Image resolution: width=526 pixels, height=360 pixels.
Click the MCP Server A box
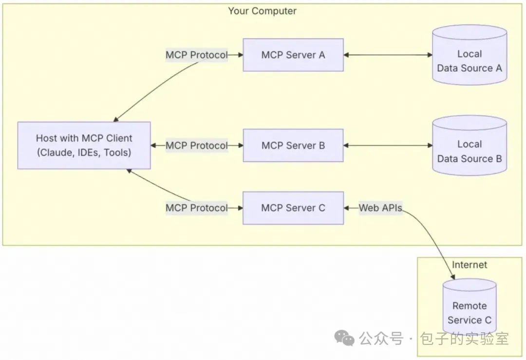click(x=293, y=55)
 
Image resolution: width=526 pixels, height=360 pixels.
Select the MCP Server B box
click(x=293, y=145)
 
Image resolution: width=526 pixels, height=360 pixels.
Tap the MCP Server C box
click(x=293, y=208)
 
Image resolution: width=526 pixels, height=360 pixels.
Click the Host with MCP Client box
click(x=84, y=145)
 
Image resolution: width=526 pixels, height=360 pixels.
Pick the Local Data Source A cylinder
click(x=470, y=55)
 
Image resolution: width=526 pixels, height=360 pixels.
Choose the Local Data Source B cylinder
click(x=470, y=145)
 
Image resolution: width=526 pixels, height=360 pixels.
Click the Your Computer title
click(x=262, y=11)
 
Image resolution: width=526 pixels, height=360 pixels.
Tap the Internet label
click(x=470, y=265)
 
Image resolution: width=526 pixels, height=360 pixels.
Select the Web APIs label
click(x=380, y=208)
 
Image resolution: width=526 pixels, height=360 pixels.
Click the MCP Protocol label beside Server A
click(x=197, y=55)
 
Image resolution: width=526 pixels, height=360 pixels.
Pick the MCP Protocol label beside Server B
click(x=197, y=145)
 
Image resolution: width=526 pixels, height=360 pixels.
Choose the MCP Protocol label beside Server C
click(x=197, y=208)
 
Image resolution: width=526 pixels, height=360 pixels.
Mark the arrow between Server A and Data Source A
click(x=388, y=55)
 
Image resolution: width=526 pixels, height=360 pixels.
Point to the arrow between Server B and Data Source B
click(x=388, y=145)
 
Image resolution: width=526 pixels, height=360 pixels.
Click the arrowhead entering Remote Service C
click(x=453, y=277)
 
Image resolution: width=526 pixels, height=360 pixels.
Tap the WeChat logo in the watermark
click(x=344, y=338)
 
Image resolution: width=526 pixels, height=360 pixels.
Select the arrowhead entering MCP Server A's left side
click(x=241, y=55)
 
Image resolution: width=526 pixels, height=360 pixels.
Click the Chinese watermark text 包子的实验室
click(x=465, y=338)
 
